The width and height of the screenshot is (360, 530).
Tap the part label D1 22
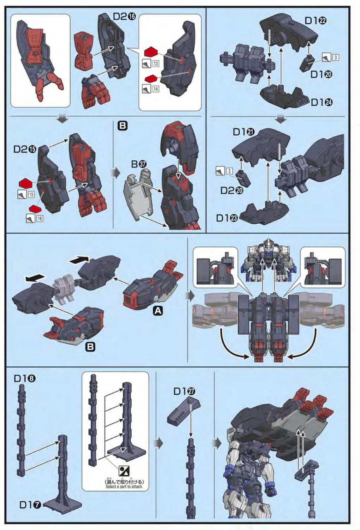pos(315,20)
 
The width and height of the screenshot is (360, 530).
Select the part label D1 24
pos(321,102)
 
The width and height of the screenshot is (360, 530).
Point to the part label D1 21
pos(244,132)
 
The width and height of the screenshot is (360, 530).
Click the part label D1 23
pos(227,218)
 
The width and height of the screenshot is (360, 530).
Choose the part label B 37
pos(139,164)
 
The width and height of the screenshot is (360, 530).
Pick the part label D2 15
pos(25,149)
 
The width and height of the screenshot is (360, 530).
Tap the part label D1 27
pos(184,391)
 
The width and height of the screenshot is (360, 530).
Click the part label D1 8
pos(25,378)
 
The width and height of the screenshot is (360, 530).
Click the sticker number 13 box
pos(156,64)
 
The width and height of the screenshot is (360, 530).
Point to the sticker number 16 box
pos(40,219)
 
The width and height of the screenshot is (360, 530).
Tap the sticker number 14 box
pos(156,89)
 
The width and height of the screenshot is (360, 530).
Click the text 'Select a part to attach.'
pos(124,487)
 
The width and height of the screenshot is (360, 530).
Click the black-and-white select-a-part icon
pos(124,471)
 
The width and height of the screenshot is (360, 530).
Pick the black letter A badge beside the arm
pos(158,311)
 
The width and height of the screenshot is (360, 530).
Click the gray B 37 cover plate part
pos(138,198)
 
